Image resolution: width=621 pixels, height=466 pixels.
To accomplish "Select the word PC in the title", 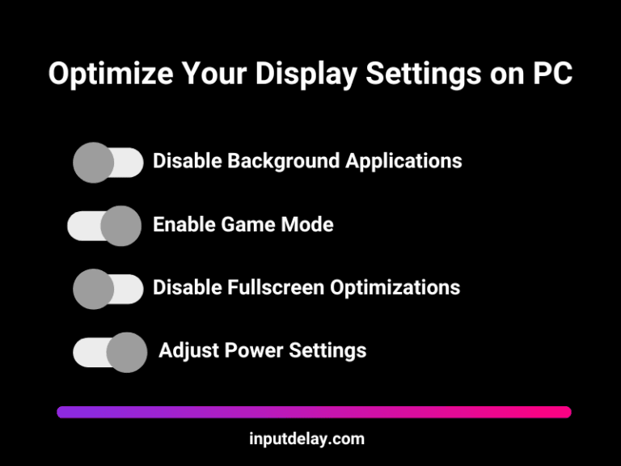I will (x=551, y=74).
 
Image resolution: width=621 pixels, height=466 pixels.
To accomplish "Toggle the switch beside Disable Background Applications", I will (x=108, y=163).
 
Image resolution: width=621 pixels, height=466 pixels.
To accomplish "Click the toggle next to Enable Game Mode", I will (x=104, y=226).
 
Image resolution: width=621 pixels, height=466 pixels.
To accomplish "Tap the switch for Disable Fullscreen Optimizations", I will (x=108, y=289).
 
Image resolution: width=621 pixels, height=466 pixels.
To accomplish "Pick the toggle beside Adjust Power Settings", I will (x=110, y=352).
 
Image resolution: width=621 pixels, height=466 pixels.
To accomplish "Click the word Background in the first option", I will (x=283, y=160).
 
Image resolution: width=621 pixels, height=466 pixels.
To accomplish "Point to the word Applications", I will (x=403, y=160).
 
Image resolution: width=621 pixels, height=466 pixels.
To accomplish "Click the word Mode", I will (x=306, y=224).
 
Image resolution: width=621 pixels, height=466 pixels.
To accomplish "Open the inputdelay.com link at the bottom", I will (x=306, y=439).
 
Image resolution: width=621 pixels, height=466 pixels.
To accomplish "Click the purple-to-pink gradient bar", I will (x=314, y=412).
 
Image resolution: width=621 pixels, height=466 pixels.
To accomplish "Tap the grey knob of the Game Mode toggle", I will (x=121, y=226).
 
